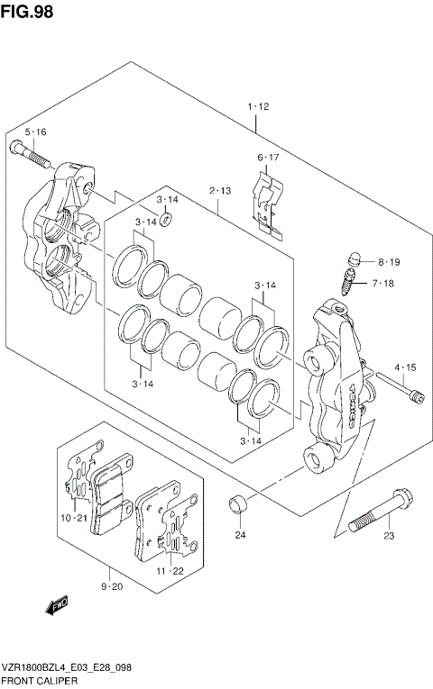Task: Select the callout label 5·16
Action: (x=35, y=132)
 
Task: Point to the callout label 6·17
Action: (x=269, y=159)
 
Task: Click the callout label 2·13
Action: (x=220, y=191)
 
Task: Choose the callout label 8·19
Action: (x=388, y=262)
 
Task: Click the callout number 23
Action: (x=389, y=538)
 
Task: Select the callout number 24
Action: (x=240, y=537)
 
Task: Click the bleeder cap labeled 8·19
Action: (x=354, y=258)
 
